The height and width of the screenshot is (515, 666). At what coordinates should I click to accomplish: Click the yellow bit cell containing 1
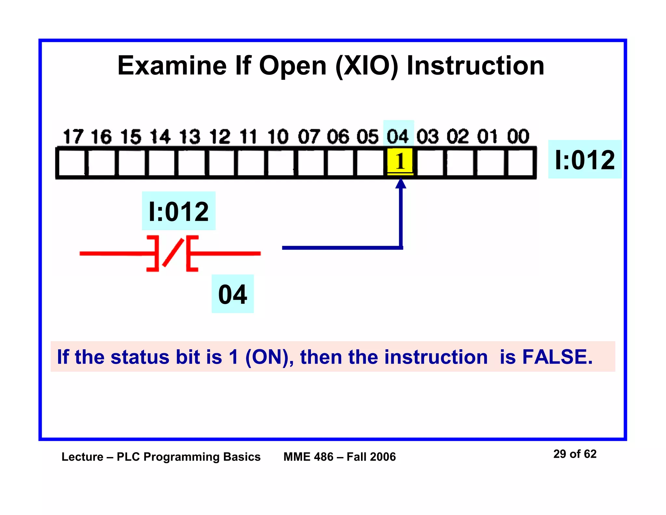(x=400, y=162)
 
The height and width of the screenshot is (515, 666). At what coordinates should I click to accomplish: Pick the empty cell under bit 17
(x=72, y=162)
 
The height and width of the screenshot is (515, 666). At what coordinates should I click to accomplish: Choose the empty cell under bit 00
(x=520, y=162)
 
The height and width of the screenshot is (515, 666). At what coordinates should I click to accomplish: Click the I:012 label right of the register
(x=585, y=160)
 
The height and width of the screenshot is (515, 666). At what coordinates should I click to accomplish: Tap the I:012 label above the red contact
(x=179, y=211)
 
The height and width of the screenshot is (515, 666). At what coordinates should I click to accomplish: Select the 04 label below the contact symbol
(x=233, y=294)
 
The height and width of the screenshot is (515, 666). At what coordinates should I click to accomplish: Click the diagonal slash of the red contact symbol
(x=173, y=253)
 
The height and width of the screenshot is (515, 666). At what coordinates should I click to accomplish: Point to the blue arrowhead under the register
(x=401, y=184)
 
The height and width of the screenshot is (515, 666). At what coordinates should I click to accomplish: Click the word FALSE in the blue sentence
(x=557, y=357)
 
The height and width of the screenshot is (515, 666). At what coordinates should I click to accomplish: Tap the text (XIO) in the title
(x=366, y=66)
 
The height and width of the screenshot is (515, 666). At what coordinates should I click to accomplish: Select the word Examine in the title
(x=172, y=66)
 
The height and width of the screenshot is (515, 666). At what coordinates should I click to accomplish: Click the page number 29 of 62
(x=575, y=454)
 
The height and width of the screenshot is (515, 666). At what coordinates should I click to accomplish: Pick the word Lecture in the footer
(x=82, y=457)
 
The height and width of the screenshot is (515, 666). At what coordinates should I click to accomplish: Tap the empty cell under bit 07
(x=311, y=162)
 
